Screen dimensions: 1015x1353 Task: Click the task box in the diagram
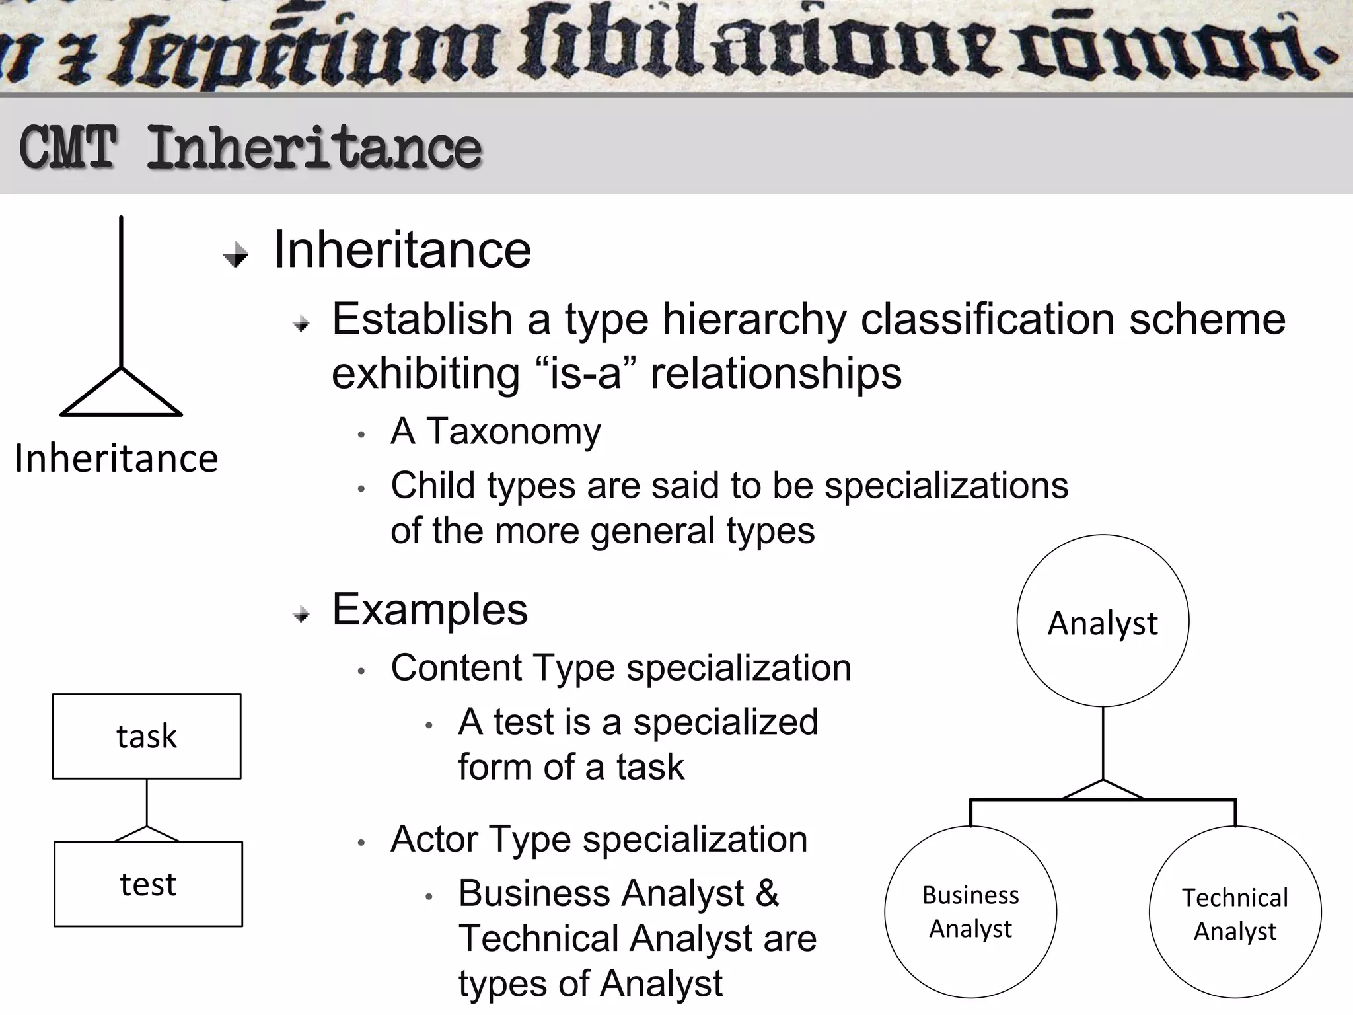pyautogui.click(x=147, y=736)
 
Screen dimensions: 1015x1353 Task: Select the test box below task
pyautogui.click(x=148, y=884)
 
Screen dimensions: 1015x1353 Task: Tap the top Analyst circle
pyautogui.click(x=1103, y=621)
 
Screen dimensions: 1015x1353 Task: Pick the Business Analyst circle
pyautogui.click(x=970, y=912)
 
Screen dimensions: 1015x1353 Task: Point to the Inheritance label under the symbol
pyautogui.click(x=116, y=459)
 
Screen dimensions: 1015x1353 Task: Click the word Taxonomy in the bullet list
pyautogui.click(x=513, y=432)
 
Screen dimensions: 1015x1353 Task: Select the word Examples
pyautogui.click(x=429, y=609)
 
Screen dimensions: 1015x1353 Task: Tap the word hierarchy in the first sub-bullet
pyautogui.click(x=754, y=320)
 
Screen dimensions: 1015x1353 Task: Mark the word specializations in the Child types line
pyautogui.click(x=946, y=486)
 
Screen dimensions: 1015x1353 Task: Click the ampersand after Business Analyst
pyautogui.click(x=767, y=893)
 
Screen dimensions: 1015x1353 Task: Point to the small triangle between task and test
pyautogui.click(x=147, y=835)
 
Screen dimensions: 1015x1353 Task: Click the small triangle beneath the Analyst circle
pyautogui.click(x=1103, y=791)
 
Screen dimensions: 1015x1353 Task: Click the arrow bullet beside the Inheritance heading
pyautogui.click(x=236, y=254)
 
